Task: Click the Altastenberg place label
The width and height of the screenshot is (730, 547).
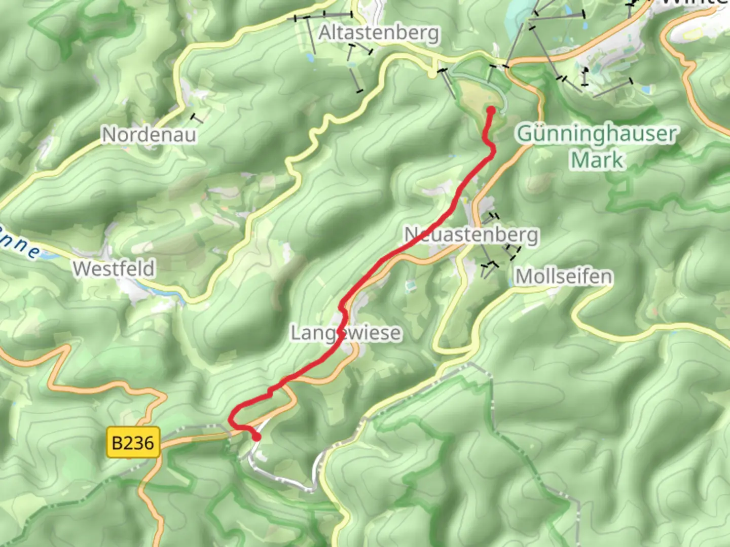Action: [378, 33]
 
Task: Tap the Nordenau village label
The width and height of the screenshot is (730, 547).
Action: [149, 135]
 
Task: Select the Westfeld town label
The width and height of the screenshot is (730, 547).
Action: [114, 268]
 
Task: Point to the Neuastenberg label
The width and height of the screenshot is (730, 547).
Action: [471, 235]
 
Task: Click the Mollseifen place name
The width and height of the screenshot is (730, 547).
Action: [564, 277]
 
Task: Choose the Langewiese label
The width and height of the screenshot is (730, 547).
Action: [346, 333]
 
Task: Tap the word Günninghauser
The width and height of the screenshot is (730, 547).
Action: [597, 134]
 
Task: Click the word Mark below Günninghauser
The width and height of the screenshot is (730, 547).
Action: [597, 160]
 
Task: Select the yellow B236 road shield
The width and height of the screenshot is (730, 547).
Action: [133, 443]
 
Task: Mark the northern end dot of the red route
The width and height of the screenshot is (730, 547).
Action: [491, 110]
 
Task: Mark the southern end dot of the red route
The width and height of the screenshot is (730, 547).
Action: [257, 437]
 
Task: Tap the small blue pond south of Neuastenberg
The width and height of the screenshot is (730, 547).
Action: [409, 286]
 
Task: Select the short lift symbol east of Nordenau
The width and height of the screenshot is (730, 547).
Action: [197, 119]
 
